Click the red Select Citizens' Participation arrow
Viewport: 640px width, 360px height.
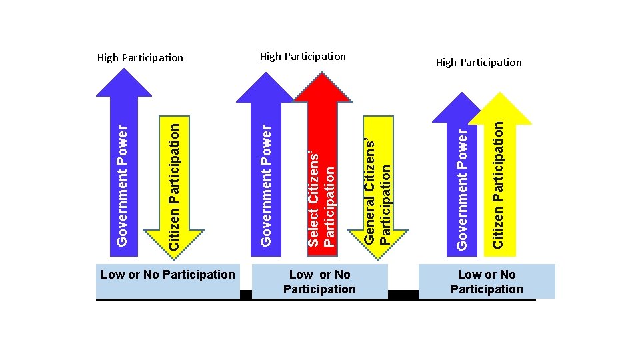coord(322,180)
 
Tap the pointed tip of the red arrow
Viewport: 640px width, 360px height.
coord(323,75)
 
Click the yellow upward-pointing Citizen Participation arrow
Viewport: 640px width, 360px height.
coord(500,180)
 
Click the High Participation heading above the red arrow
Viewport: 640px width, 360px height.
coord(303,56)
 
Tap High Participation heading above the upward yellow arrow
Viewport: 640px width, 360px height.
coord(479,62)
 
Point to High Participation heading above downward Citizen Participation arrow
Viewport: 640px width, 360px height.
coord(140,57)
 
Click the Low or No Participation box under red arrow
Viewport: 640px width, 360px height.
coord(319,281)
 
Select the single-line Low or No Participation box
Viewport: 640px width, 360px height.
coord(167,275)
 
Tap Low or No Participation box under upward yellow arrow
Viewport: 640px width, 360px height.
coord(487,281)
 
